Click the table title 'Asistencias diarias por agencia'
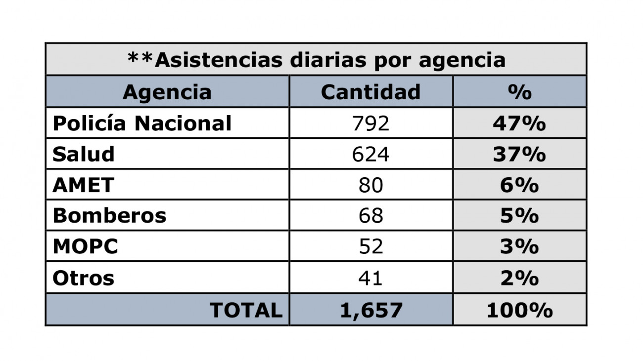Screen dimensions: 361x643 click(317, 60)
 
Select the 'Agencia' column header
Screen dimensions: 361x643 click(167, 92)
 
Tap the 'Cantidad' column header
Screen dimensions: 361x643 click(370, 92)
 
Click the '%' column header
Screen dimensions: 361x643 click(519, 92)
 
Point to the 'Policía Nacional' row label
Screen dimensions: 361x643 click(142, 123)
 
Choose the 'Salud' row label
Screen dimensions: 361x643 click(84, 154)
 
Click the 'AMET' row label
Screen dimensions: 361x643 click(83, 185)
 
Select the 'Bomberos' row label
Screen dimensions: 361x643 click(109, 216)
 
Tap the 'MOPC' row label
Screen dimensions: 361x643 click(85, 246)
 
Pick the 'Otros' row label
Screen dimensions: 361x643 click(83, 278)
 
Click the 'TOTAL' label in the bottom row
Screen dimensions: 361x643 click(246, 310)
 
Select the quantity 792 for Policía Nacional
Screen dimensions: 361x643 click(370, 123)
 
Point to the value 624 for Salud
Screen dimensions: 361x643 click(370, 154)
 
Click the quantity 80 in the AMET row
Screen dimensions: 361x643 click(370, 185)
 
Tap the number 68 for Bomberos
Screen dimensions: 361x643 click(370, 216)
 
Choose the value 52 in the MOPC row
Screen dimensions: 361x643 click(370, 246)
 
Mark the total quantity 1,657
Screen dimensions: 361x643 click(371, 310)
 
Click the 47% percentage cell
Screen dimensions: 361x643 click(519, 123)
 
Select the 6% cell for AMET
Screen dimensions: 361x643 click(519, 185)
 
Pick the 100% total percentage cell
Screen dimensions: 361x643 click(519, 310)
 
